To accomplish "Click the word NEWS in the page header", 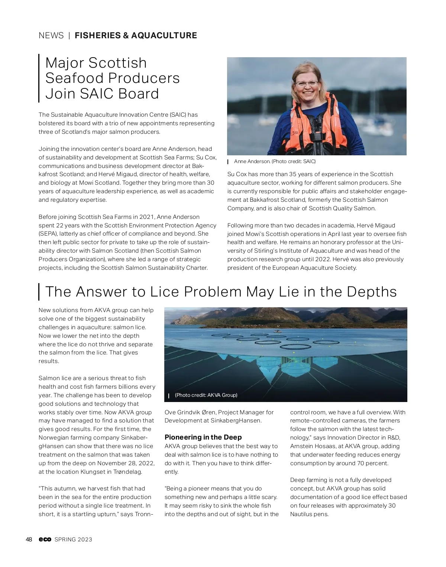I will (x=51, y=36).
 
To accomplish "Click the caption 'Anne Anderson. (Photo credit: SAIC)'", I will (x=275, y=162).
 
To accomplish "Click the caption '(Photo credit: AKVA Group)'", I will (x=206, y=395).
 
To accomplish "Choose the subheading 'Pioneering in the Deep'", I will (x=203, y=437).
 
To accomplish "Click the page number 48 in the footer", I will (x=29, y=540).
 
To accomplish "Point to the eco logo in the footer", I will (x=45, y=540).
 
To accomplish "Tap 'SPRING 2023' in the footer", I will (x=73, y=540).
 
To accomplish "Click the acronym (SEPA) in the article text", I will (x=48, y=234).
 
